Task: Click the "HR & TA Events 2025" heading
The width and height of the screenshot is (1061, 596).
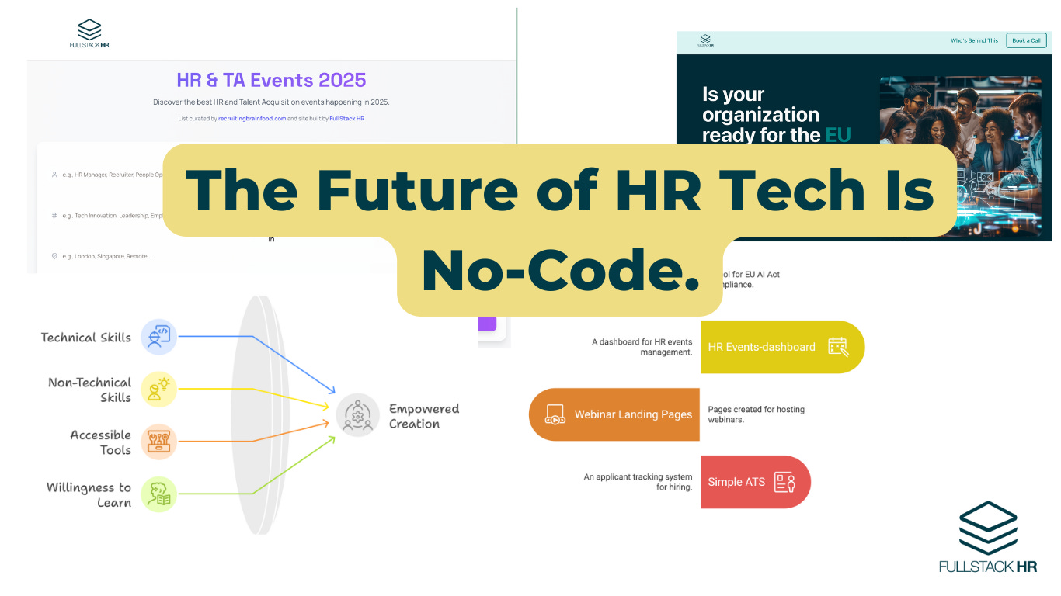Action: click(x=271, y=80)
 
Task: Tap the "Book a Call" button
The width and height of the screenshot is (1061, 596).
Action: click(x=1025, y=40)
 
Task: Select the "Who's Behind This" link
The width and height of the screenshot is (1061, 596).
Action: click(x=974, y=40)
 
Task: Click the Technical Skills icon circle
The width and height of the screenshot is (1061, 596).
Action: click(x=158, y=338)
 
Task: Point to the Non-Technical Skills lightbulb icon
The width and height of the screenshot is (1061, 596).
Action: click(x=158, y=390)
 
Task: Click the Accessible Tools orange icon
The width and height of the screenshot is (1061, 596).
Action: click(x=158, y=442)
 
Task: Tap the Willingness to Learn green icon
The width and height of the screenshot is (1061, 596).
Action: click(x=158, y=494)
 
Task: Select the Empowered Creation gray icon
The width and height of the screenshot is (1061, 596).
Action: click(x=357, y=415)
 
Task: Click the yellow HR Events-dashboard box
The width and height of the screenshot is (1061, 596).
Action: click(x=781, y=347)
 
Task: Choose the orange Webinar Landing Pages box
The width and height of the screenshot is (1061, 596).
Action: click(x=614, y=414)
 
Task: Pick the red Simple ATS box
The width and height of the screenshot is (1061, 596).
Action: click(x=754, y=482)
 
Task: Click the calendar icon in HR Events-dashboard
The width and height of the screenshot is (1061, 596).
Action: click(x=837, y=347)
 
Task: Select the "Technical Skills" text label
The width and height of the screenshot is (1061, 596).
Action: click(x=85, y=338)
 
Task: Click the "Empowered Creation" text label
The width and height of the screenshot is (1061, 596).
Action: click(x=424, y=416)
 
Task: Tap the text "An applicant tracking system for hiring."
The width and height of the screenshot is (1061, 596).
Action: click(x=637, y=482)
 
